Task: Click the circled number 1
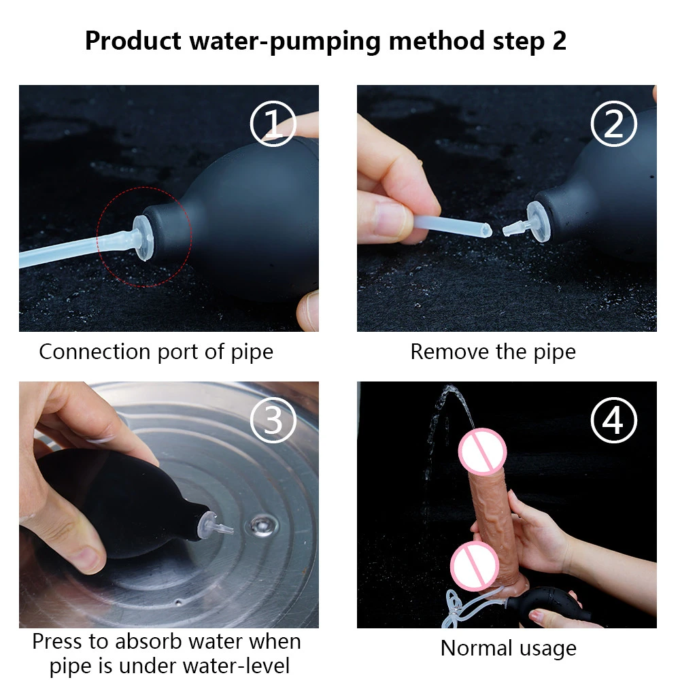pyautogui.click(x=273, y=124)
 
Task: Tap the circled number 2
pyautogui.click(x=613, y=124)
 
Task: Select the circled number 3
pyautogui.click(x=273, y=420)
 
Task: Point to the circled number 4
pyautogui.click(x=613, y=420)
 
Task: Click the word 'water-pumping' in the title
pyautogui.click(x=285, y=41)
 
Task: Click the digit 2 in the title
pyautogui.click(x=559, y=41)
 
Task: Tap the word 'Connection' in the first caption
pyautogui.click(x=95, y=352)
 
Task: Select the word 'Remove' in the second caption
pyautogui.click(x=449, y=352)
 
